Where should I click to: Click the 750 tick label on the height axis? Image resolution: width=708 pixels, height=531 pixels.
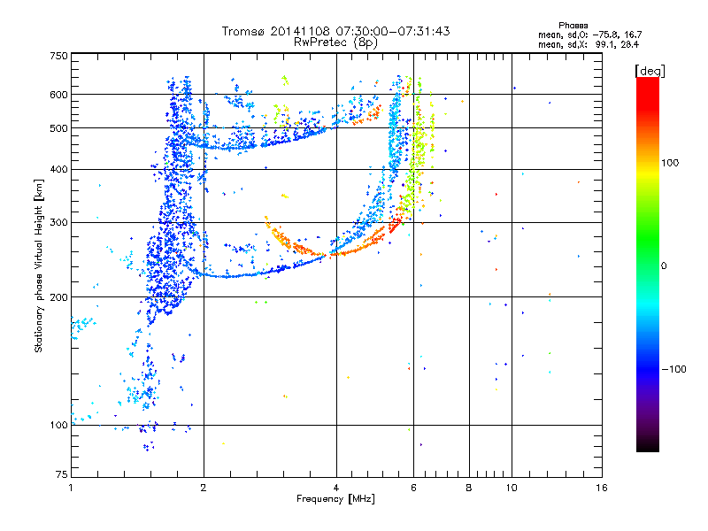click(x=59, y=55)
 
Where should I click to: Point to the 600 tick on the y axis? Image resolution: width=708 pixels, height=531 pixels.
click(x=59, y=94)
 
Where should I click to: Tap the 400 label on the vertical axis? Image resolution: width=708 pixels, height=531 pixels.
click(x=59, y=169)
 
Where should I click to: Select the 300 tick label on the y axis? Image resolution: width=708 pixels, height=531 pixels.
click(x=59, y=222)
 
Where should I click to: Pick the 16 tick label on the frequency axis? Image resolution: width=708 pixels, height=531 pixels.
click(x=601, y=487)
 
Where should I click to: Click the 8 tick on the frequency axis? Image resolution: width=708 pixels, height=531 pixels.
click(x=469, y=487)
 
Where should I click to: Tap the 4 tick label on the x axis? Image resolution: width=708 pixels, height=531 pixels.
click(x=336, y=487)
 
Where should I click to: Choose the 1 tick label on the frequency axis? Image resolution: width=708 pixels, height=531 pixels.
click(x=71, y=487)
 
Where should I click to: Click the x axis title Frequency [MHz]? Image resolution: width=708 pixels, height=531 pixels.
click(x=336, y=499)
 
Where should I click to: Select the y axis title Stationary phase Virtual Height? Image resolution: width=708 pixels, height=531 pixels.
click(x=39, y=265)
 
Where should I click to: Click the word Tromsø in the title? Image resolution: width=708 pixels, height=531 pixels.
click(x=242, y=31)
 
